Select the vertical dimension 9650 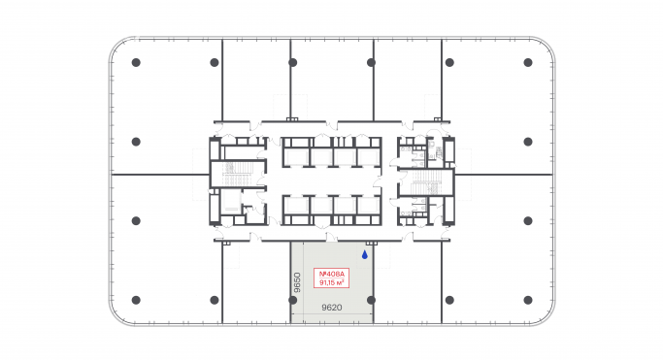pyautogui.click(x=299, y=281)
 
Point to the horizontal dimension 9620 pyautogui.click(x=332, y=308)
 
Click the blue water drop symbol pyautogui.click(x=364, y=256)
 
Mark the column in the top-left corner pyautogui.click(x=135, y=62)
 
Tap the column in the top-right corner pyautogui.click(x=527, y=62)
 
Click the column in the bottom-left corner pyautogui.click(x=135, y=299)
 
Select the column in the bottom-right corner pyautogui.click(x=527, y=299)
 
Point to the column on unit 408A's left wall pyautogui.click(x=292, y=299)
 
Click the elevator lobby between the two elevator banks pyautogui.click(x=330, y=180)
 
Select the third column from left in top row pyautogui.click(x=292, y=62)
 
